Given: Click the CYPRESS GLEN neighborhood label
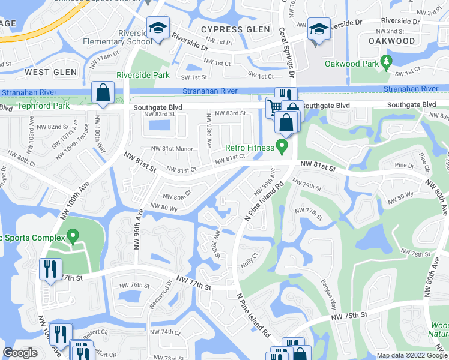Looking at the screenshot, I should click(231, 29).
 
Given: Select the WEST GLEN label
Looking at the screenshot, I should click(50, 72).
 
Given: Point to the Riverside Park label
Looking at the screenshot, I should click(143, 76).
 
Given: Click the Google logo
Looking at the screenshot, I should click(20, 353).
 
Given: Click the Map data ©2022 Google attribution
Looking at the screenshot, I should click(412, 355).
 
